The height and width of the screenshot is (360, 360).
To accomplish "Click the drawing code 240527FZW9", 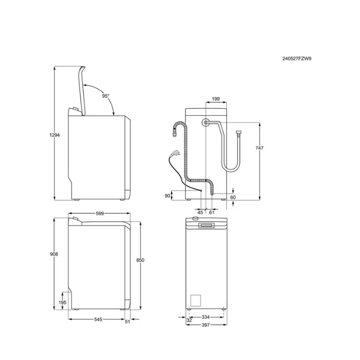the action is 297,58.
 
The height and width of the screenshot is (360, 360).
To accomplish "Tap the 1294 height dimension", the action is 54,135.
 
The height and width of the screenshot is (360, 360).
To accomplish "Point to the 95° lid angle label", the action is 106,96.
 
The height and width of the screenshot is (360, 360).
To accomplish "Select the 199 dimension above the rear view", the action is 216,99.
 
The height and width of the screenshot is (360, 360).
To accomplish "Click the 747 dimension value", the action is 260,148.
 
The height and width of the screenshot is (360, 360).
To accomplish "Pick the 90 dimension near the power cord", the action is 167,196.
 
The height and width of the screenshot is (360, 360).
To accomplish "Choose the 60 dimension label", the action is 233,198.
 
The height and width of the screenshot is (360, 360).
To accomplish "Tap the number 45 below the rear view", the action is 200,212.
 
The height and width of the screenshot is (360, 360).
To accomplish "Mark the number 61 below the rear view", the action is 211,212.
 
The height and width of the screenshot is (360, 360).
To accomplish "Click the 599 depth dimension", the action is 100,213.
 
